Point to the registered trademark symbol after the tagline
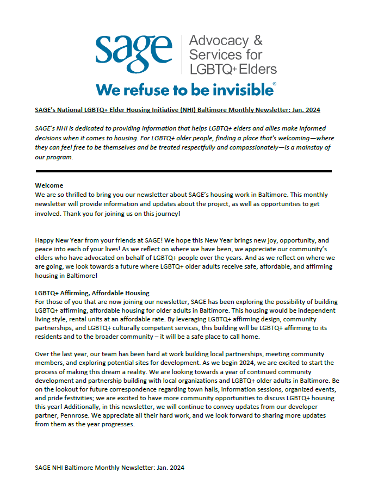coord(274,84)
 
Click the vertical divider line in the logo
coord(181,54)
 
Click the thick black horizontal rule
coord(183,171)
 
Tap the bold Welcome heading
coord(49,186)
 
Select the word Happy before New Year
coord(45,240)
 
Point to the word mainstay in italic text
coord(311,148)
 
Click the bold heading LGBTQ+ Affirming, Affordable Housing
coord(92,294)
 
